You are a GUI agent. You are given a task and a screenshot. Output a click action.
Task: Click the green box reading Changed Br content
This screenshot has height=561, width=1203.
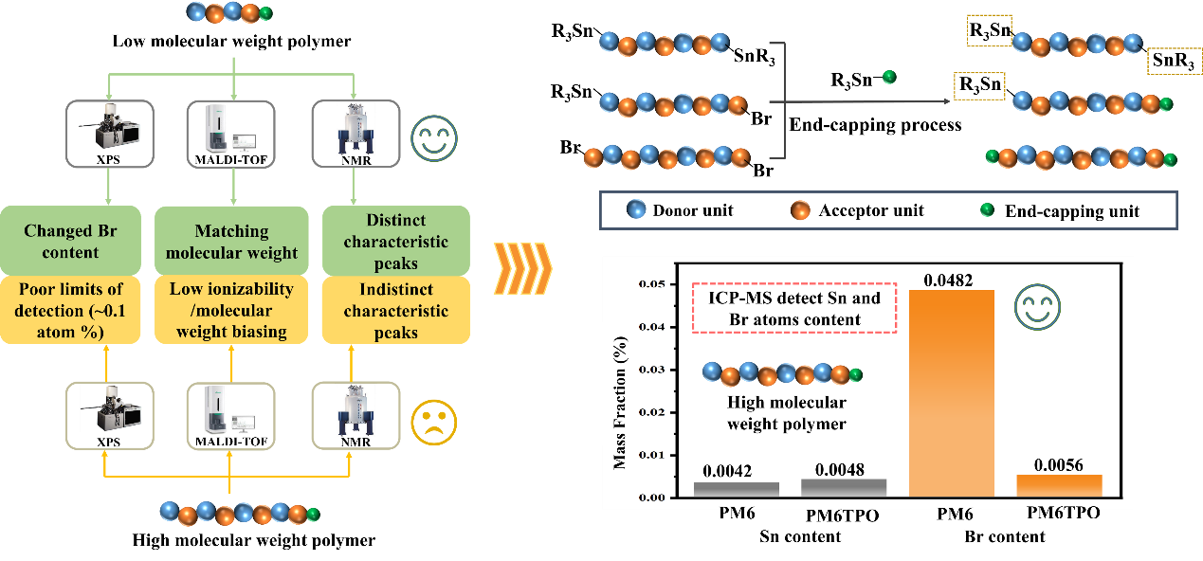(x=75, y=241)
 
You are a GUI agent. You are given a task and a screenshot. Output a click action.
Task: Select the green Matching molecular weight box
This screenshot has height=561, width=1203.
(x=232, y=241)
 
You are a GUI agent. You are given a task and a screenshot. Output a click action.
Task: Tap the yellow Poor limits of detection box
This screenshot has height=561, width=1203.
(x=75, y=309)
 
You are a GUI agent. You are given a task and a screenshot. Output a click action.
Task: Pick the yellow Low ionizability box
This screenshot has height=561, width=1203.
(x=232, y=310)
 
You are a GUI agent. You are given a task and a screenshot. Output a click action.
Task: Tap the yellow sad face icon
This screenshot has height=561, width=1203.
(x=433, y=422)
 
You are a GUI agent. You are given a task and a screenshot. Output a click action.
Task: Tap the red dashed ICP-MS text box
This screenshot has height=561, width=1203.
(x=794, y=309)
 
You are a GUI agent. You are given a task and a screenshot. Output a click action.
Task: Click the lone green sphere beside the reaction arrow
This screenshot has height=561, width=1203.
(x=888, y=77)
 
